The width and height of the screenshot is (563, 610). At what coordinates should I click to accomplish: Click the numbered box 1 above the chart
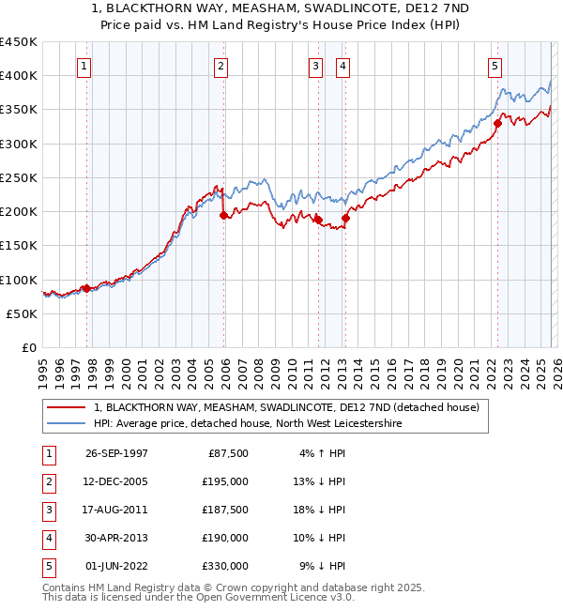85,66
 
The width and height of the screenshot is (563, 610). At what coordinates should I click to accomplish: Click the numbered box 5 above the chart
495,66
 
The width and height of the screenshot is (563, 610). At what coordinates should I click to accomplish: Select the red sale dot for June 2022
497,123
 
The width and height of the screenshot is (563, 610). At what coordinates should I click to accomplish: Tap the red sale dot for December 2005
223,215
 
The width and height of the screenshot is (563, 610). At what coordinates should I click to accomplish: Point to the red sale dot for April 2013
345,218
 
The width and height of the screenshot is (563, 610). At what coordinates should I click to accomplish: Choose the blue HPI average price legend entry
247,424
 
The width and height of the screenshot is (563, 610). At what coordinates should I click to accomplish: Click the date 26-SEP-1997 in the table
116,453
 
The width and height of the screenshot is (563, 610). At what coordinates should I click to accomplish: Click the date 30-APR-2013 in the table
116,538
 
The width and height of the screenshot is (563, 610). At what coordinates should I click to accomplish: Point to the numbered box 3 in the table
47,510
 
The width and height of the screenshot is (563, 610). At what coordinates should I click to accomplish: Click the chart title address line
281,8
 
